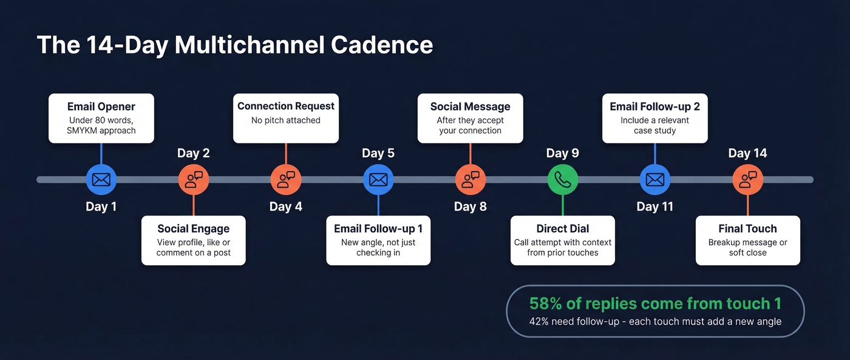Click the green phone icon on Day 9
(x=563, y=180)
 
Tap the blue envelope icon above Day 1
(x=101, y=180)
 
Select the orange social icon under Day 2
(x=194, y=180)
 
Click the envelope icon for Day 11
(x=655, y=180)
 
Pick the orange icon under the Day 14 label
(x=747, y=180)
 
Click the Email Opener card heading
(x=101, y=106)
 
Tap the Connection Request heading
(x=286, y=106)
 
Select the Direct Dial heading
(x=563, y=229)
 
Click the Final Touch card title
(x=747, y=229)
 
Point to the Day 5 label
(x=378, y=153)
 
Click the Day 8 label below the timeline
(x=471, y=206)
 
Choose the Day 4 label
(x=286, y=206)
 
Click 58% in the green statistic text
(x=546, y=304)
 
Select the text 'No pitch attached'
(x=286, y=120)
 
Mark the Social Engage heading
(x=194, y=229)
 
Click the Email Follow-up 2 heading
(x=655, y=106)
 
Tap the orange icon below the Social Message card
(x=471, y=180)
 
